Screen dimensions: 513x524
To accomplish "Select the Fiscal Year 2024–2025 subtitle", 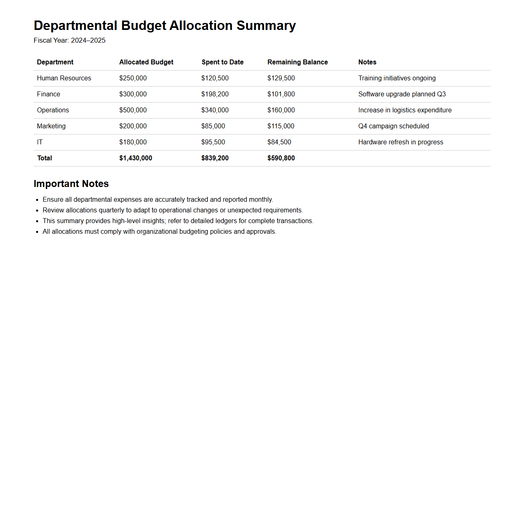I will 69,40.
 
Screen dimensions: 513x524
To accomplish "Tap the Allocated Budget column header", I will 146,62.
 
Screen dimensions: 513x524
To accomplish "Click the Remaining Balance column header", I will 297,62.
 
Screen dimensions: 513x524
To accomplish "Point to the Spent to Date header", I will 222,62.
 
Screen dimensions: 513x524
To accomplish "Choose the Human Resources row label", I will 64,78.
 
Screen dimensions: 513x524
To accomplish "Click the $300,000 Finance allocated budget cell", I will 133,94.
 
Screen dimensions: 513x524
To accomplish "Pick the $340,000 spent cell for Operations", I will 215,110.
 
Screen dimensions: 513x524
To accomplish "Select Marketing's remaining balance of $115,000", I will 281,126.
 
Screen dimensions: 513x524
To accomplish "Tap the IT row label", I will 40,142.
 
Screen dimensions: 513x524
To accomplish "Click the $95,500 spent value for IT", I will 213,142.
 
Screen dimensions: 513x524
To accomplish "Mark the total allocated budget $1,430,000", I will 135,158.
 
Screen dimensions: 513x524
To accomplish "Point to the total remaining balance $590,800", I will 281,158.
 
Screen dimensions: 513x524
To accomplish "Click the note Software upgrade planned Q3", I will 402,94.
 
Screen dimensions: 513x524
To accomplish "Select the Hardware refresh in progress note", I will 401,142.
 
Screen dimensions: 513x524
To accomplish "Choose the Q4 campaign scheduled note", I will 394,126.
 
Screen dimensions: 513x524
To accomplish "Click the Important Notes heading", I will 71,184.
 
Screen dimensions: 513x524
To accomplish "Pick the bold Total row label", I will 45,158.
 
